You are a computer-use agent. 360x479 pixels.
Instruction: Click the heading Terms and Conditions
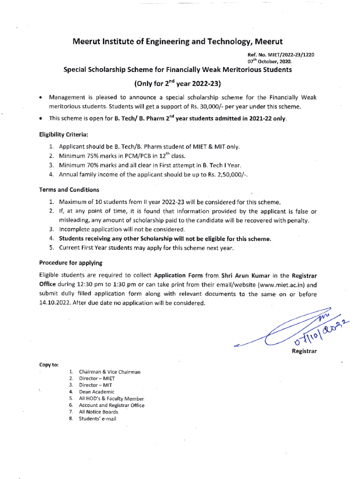[x=69, y=190]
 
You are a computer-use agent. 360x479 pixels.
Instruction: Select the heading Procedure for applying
[x=71, y=263]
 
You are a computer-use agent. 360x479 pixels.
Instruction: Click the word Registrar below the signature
[x=304, y=351]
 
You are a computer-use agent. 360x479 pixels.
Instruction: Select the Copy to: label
[x=49, y=364]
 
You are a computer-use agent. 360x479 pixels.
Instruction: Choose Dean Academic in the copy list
[x=96, y=392]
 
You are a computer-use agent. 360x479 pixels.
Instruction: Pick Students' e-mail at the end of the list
[x=98, y=419]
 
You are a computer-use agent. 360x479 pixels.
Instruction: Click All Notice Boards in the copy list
[x=99, y=412]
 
